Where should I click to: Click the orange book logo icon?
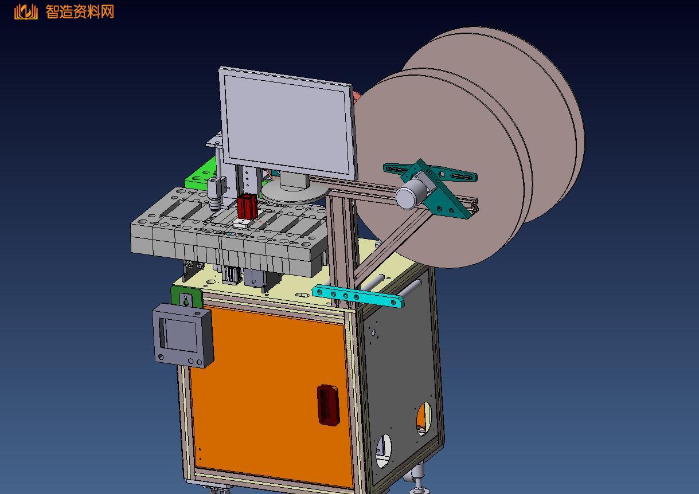[26, 12]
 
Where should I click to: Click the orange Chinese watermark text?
[80, 12]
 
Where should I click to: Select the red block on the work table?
[247, 207]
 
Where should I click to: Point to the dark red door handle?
[328, 405]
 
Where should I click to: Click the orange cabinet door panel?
[268, 393]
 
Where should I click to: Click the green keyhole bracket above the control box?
[186, 299]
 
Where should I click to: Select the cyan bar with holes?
[358, 296]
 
